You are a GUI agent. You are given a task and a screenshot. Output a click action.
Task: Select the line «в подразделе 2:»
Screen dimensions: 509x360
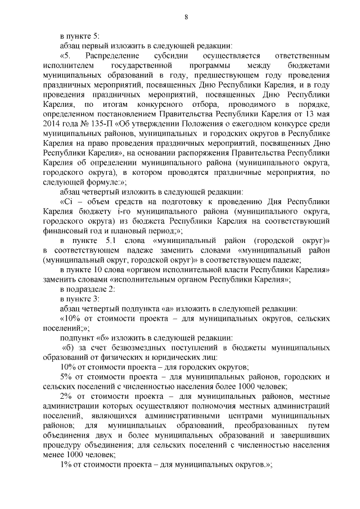87,289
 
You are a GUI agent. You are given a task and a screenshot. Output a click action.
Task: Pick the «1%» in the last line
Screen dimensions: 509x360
66,466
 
